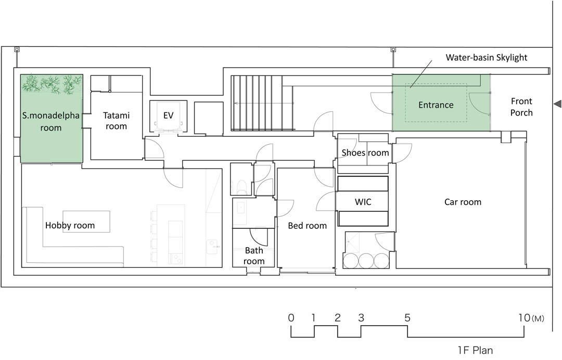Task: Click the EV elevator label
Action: point(168,115)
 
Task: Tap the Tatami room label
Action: point(116,121)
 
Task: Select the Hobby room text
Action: point(70,225)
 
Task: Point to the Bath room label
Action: point(254,256)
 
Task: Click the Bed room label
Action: point(308,226)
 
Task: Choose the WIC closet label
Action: point(363,202)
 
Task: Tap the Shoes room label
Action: point(365,153)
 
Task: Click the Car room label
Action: point(463,202)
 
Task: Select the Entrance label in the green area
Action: point(436,105)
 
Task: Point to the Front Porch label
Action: point(521,107)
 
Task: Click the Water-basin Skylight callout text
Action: point(487,57)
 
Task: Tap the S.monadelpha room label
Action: point(51,122)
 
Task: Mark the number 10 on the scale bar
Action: point(524,318)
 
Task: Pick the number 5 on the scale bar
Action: point(407,318)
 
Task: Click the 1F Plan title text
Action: point(475,350)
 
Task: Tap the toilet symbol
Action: point(241,187)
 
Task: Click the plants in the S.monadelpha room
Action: point(52,84)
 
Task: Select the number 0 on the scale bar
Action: point(291,318)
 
